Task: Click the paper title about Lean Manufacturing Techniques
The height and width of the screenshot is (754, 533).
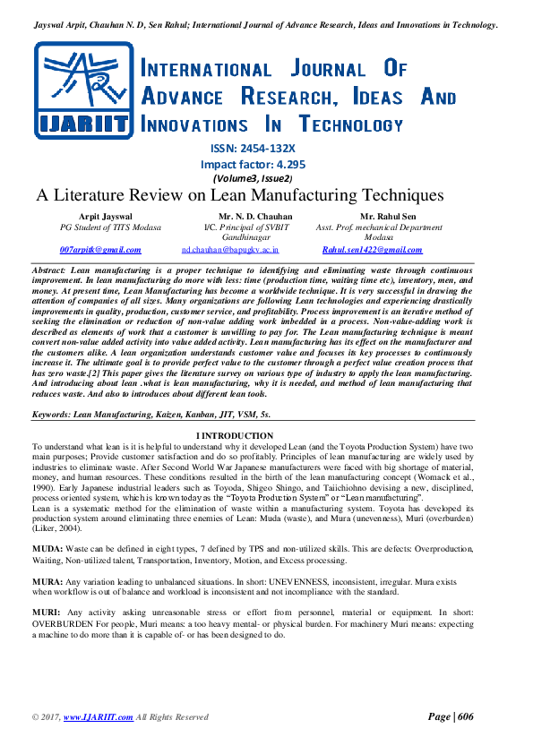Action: point(240,195)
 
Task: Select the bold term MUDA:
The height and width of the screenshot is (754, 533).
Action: point(47,546)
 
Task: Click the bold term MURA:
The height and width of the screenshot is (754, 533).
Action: point(47,578)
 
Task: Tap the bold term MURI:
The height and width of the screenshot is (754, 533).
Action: point(46,612)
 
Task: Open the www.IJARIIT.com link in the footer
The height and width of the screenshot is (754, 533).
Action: point(99,717)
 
